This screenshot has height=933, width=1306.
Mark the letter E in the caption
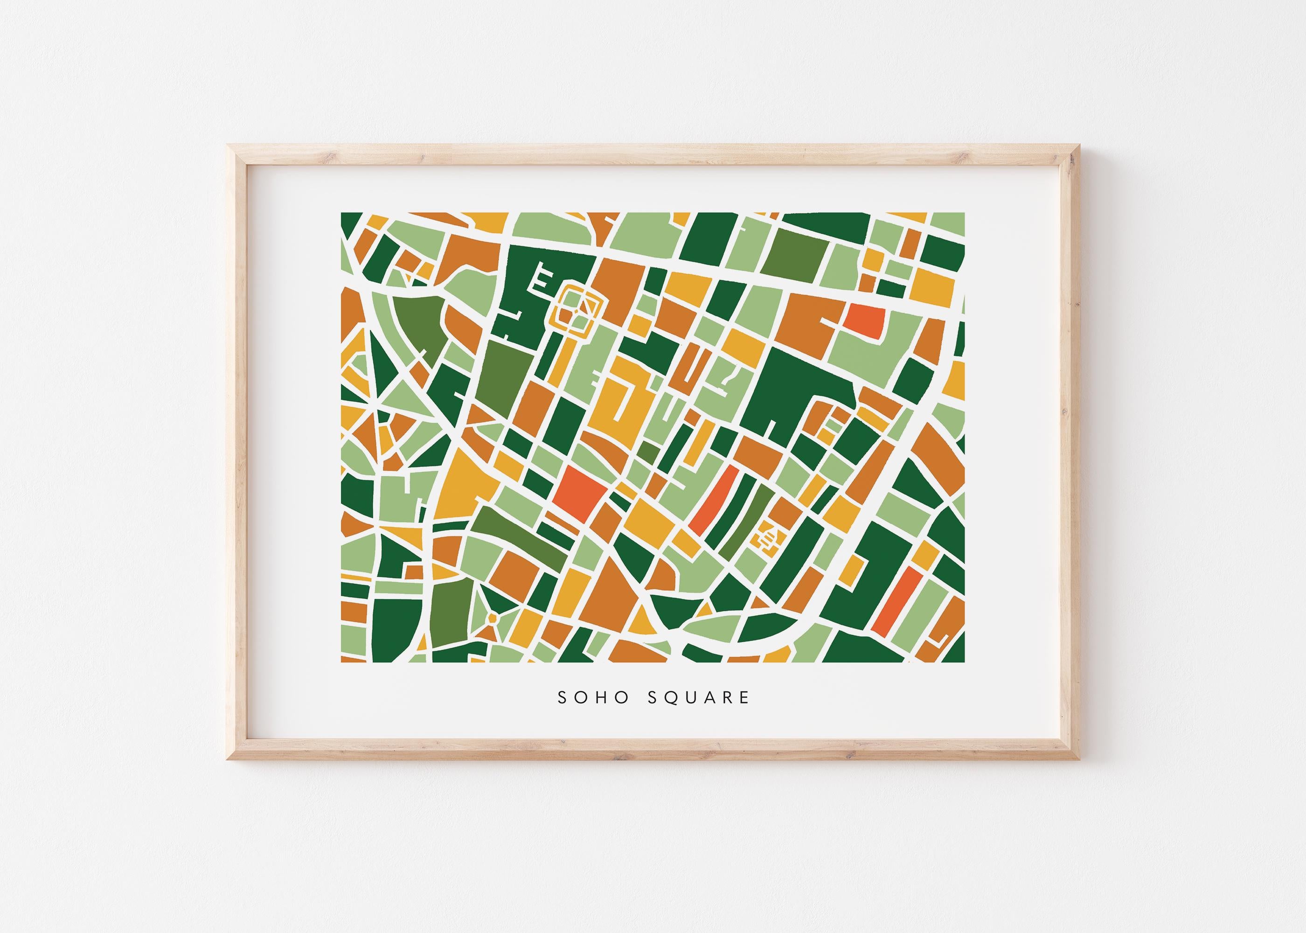[744, 697]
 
